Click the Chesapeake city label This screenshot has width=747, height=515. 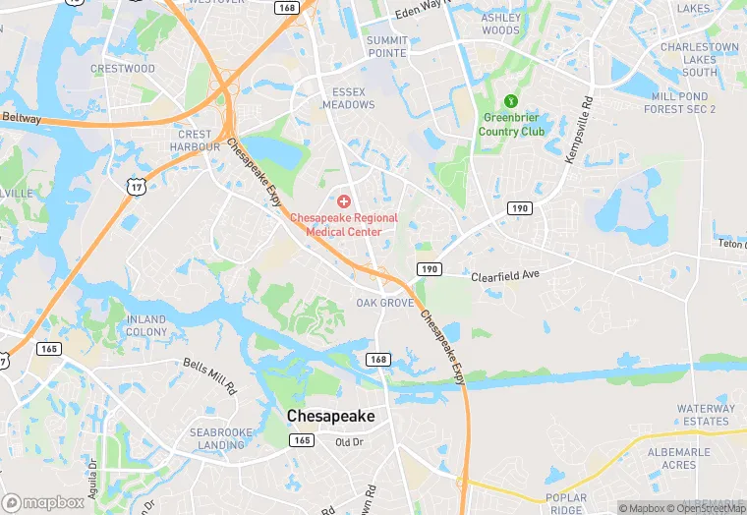tap(330, 417)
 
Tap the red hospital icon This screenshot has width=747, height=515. tap(344, 200)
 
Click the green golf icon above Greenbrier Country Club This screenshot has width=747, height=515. tap(510, 100)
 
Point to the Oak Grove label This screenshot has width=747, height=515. tap(384, 303)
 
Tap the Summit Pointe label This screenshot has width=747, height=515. tap(387, 46)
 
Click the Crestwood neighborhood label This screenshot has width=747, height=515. tap(123, 69)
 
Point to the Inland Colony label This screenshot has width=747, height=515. tap(146, 325)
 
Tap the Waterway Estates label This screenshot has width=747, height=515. tap(704, 414)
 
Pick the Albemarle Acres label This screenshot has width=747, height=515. tap(700, 458)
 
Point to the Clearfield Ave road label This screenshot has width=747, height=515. tap(506, 276)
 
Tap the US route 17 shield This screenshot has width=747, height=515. tap(136, 184)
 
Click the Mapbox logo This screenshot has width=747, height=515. tap(43, 502)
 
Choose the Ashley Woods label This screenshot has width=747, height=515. tap(500, 25)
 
